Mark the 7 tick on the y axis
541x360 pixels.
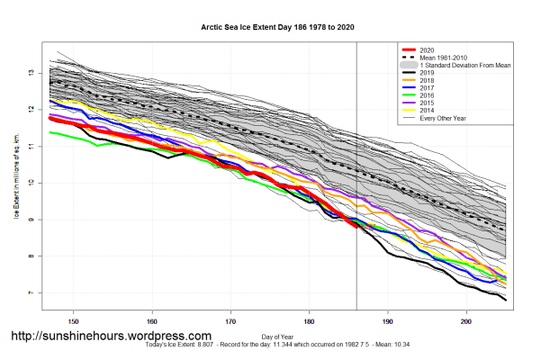point(32,293)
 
